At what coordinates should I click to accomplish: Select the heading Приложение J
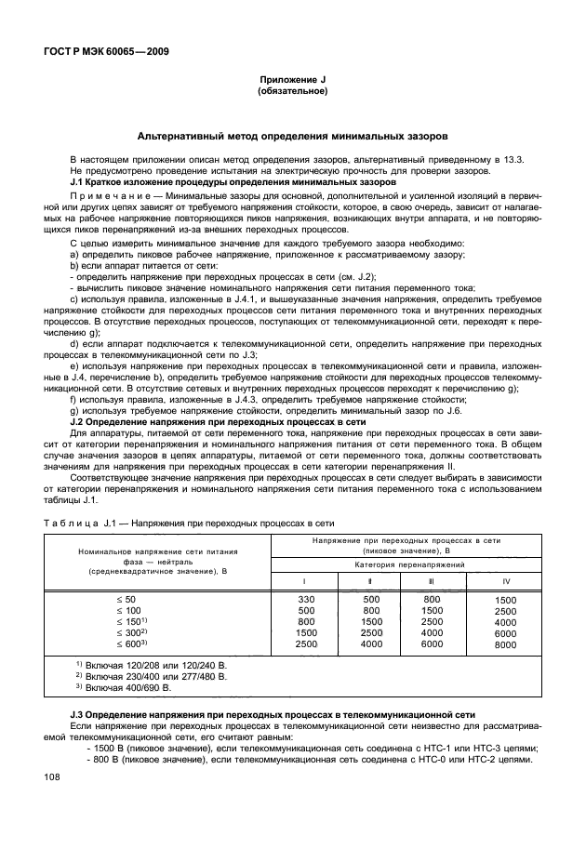292,82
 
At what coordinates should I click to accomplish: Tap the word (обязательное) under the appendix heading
292,93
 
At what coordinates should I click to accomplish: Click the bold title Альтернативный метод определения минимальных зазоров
292,136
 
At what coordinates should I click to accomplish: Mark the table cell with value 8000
505,644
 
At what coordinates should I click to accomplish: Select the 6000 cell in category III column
432,643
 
